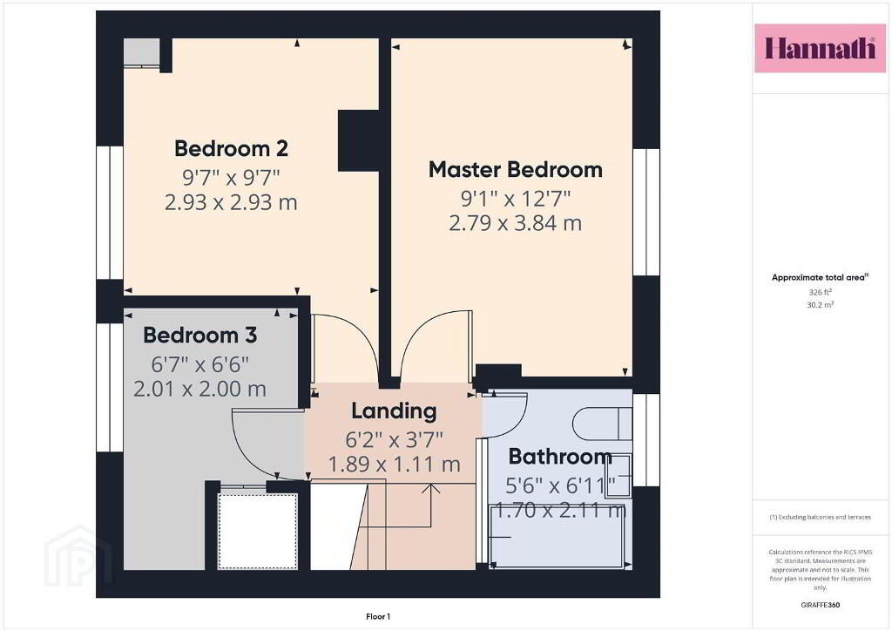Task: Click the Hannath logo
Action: coord(820,48)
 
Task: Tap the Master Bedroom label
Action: coord(516,170)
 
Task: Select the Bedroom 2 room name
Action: coord(231,148)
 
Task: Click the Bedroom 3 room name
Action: coord(200,336)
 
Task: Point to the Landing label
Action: coord(395,411)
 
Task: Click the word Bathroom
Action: coord(560,457)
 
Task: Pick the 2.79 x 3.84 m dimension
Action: coord(516,223)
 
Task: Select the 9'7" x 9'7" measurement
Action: coord(231,178)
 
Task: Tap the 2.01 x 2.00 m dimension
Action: coord(200,390)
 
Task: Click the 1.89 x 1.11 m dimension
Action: coord(395,465)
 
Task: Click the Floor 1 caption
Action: coord(378,617)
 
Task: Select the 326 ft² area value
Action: coord(821,292)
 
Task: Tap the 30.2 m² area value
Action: coord(821,305)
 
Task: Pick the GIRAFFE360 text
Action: coord(821,605)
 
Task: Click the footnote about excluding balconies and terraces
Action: coord(821,517)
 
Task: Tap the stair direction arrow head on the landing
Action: coord(432,487)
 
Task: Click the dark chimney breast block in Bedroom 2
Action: coord(358,140)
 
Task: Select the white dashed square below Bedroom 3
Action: coord(258,531)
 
